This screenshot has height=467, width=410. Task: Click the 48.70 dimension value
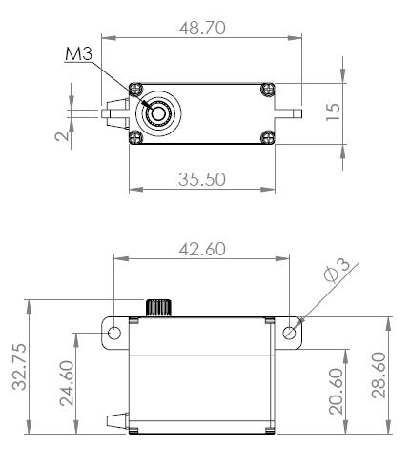coord(202,30)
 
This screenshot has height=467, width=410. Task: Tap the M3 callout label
coord(77,54)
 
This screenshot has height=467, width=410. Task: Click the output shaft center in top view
coord(155,112)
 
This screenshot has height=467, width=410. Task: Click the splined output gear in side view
coord(157,307)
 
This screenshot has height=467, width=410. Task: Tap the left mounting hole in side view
coord(114,334)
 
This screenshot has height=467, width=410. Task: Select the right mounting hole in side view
coord(291,334)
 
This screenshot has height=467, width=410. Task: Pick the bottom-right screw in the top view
coord(268,137)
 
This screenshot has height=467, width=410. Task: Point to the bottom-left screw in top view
coord(134,137)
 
